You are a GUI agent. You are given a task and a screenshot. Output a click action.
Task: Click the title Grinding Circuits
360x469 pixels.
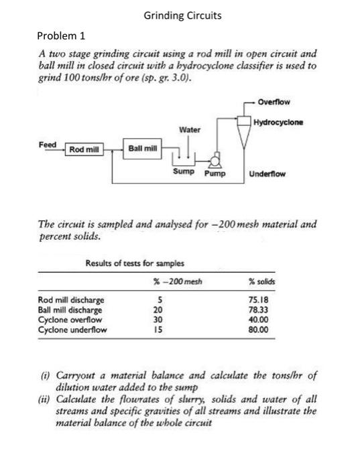[182, 14]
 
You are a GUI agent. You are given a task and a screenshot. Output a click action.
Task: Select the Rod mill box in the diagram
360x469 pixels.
[84, 149]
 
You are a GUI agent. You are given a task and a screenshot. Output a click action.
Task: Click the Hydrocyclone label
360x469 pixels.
[279, 123]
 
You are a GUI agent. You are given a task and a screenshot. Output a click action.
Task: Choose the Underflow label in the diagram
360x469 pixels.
[267, 174]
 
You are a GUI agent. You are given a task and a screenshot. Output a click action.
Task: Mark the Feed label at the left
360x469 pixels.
[48, 144]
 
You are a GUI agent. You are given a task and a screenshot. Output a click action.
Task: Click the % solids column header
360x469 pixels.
[261, 280]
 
